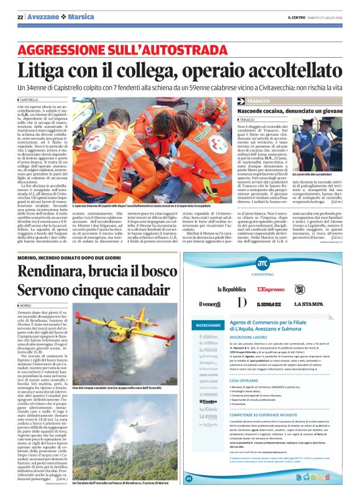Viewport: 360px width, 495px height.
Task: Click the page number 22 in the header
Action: [x=20, y=16]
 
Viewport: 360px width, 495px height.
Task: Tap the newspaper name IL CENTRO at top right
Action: [x=286, y=17]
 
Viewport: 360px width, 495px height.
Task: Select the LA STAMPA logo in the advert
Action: [x=313, y=305]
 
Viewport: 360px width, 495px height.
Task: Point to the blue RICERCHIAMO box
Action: [x=209, y=324]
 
